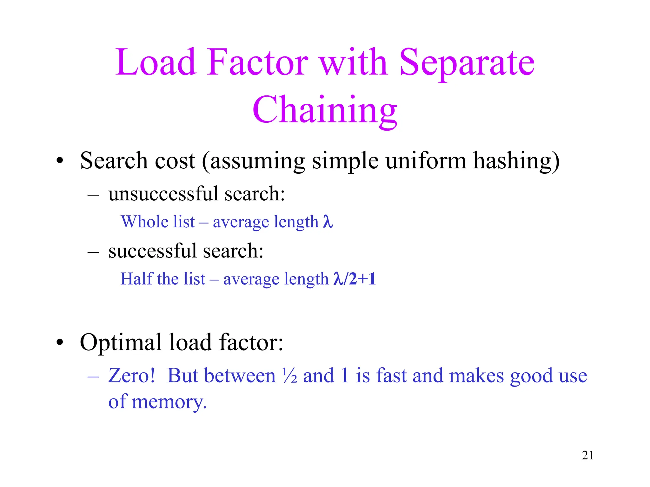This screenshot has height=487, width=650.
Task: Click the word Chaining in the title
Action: pyautogui.click(x=325, y=110)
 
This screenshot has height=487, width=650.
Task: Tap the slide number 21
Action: pyautogui.click(x=588, y=455)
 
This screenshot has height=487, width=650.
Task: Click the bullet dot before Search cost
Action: pyautogui.click(x=60, y=161)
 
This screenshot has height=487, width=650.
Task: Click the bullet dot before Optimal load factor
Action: pyautogui.click(x=60, y=343)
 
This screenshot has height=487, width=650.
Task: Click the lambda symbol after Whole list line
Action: pyautogui.click(x=328, y=222)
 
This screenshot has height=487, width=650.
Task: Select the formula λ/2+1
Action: pyautogui.click(x=355, y=279)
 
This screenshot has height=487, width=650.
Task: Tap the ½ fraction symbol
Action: pyautogui.click(x=289, y=376)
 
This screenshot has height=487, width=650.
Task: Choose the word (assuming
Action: pyautogui.click(x=254, y=161)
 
